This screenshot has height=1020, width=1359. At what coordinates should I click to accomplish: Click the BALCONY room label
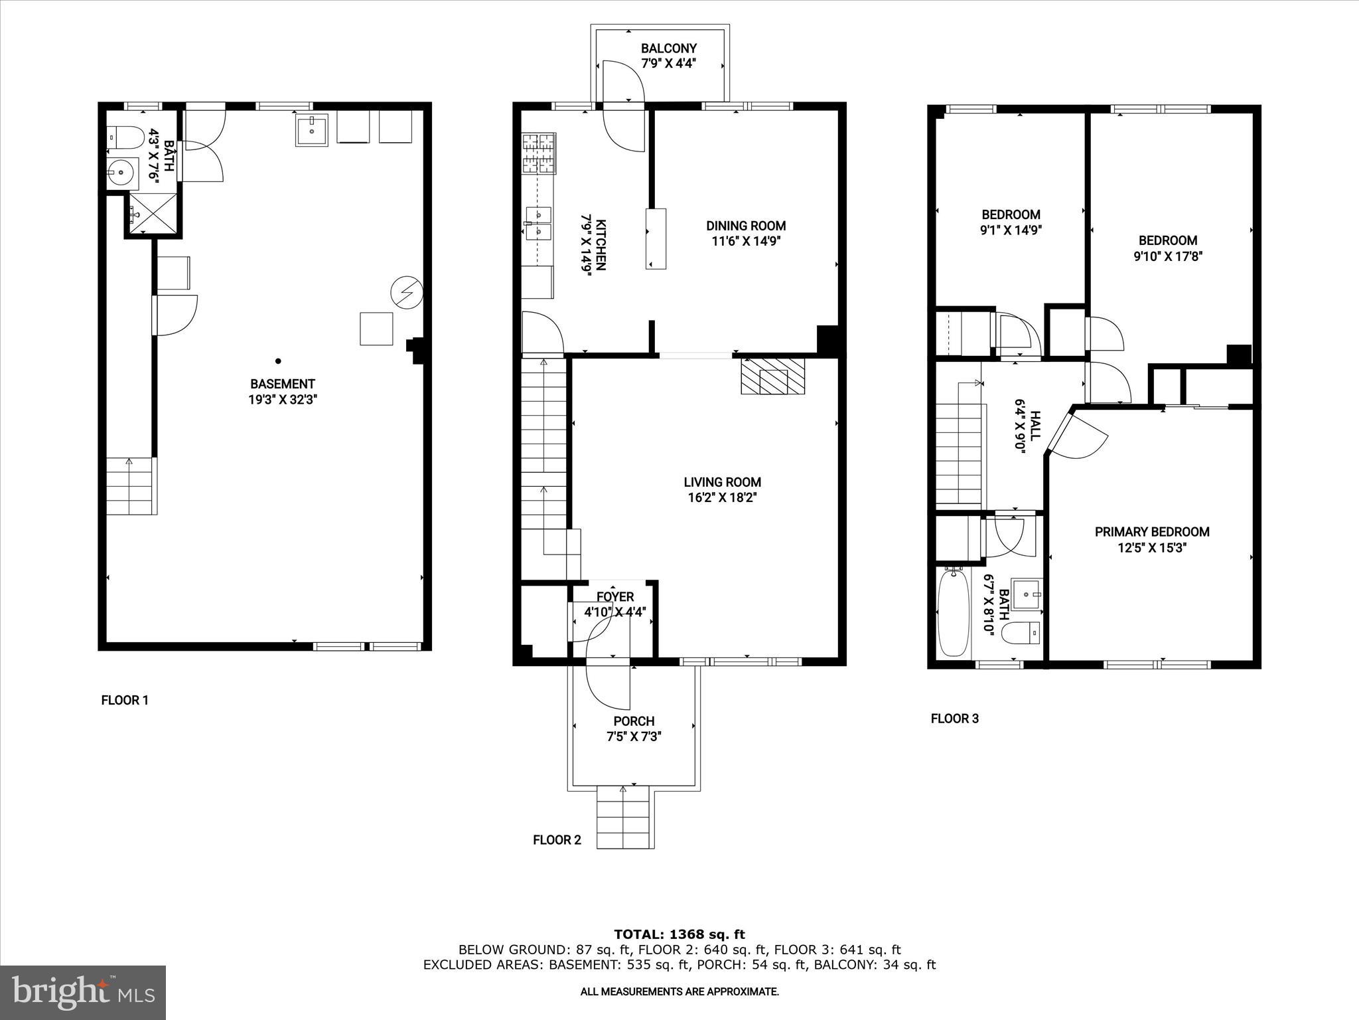tap(668, 48)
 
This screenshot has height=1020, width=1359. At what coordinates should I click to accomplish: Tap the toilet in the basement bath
tap(126, 137)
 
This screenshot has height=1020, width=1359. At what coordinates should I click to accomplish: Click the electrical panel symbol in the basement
tap(406, 292)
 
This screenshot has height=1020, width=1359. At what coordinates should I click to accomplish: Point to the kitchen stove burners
tap(538, 154)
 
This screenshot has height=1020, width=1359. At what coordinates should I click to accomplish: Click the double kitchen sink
tap(538, 222)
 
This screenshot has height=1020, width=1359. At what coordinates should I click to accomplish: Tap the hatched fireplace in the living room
tap(772, 377)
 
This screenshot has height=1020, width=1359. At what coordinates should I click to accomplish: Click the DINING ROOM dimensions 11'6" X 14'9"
tap(746, 242)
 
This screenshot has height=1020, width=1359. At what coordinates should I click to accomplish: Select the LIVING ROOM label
tap(722, 482)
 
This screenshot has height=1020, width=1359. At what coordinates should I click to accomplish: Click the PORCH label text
tap(634, 721)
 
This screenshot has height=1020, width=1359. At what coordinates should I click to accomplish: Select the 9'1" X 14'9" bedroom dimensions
tap(1011, 230)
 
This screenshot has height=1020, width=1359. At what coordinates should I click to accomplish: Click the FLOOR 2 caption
tap(557, 839)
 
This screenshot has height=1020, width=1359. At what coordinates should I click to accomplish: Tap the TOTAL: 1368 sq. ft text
tap(679, 934)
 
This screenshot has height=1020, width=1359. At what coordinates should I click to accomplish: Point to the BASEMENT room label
tap(282, 384)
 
